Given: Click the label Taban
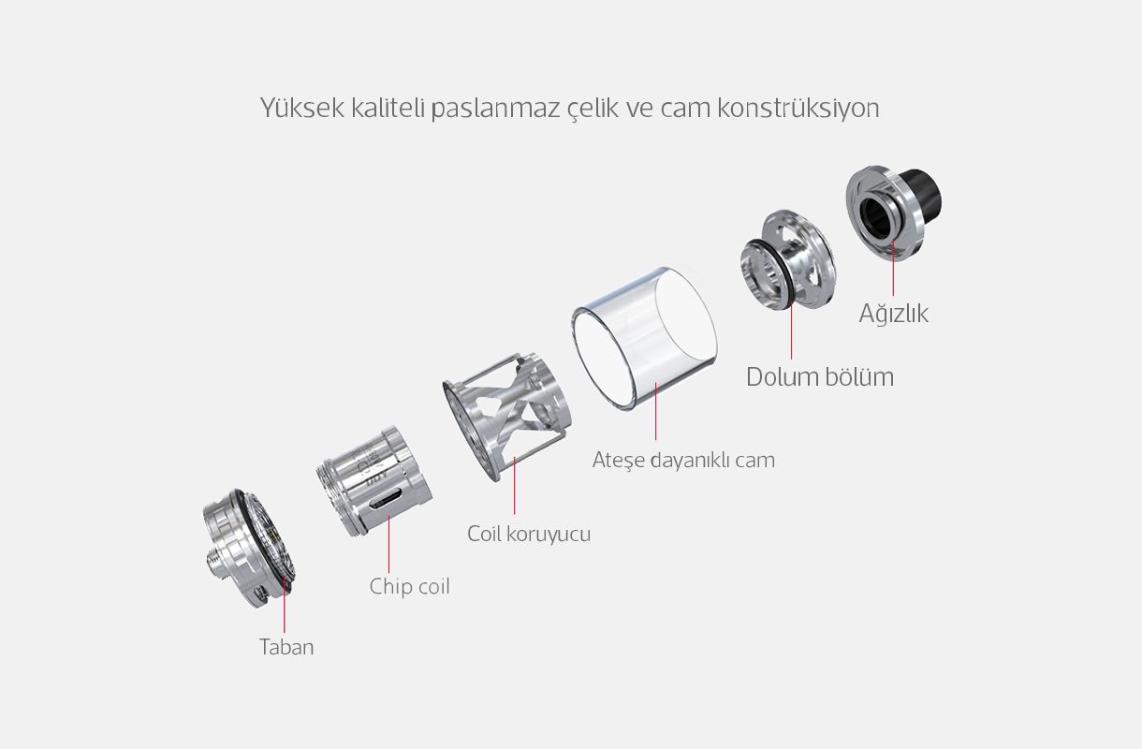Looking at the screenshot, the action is (286, 647).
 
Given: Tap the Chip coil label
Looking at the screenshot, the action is (409, 586).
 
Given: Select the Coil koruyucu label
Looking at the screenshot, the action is (529, 534).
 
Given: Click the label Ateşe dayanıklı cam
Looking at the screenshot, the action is (683, 461).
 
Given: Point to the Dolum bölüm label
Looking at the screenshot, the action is (820, 377).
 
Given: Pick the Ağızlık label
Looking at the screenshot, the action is (893, 313).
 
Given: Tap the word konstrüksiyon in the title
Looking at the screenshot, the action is (798, 108).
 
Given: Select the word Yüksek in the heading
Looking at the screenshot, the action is (301, 108).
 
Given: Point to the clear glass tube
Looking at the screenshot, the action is (644, 338).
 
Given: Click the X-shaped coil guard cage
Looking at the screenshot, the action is (506, 416).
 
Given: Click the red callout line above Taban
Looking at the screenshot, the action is (285, 604).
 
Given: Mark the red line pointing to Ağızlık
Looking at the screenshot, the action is (893, 267).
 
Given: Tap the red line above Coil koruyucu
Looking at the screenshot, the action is (515, 485).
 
